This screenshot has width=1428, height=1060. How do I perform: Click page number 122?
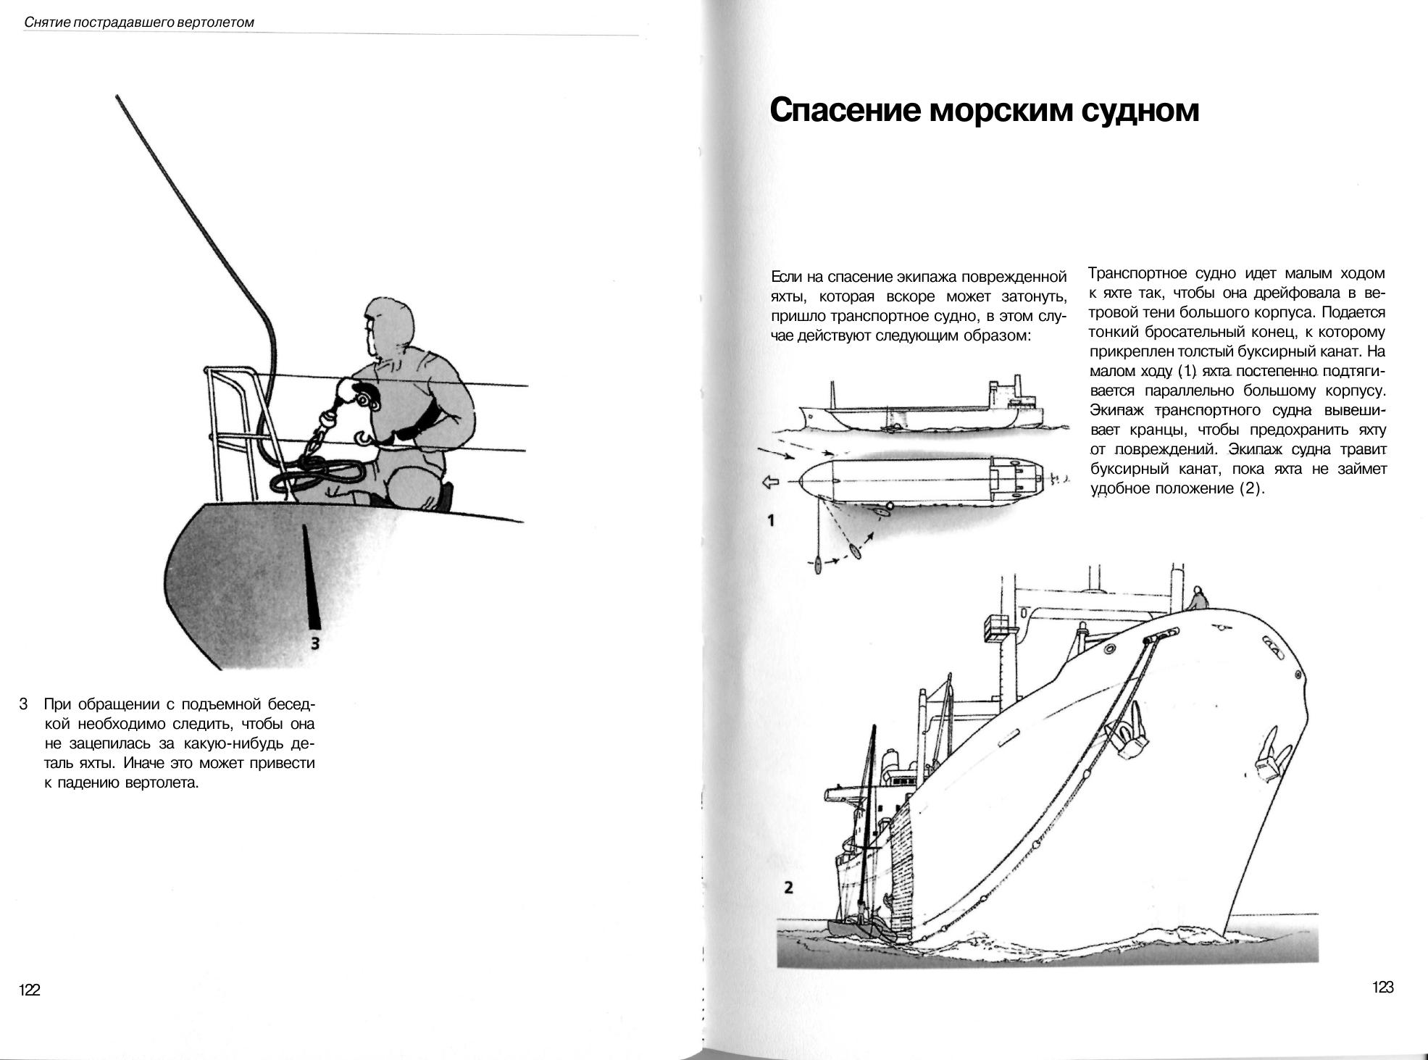tap(30, 990)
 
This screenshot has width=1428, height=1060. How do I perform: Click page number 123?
tap(1382, 987)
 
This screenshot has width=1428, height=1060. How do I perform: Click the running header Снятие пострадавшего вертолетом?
tap(139, 22)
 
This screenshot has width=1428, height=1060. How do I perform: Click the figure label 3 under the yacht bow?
tap(314, 643)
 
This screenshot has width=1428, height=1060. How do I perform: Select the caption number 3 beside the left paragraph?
tap(24, 704)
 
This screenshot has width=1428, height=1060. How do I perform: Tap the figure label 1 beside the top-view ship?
tap(771, 520)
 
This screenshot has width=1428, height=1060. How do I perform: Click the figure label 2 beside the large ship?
tap(788, 888)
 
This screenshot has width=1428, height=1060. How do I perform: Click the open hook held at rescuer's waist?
tap(362, 438)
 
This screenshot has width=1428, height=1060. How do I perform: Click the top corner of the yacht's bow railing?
tap(209, 370)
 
